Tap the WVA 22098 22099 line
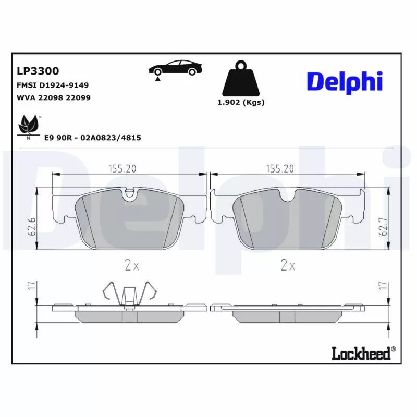[x=50, y=97]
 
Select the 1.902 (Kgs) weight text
[x=241, y=103]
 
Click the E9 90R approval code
[x=93, y=137]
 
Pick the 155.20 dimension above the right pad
[x=280, y=168]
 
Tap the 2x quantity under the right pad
[x=288, y=266]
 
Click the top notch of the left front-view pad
[x=130, y=194]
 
